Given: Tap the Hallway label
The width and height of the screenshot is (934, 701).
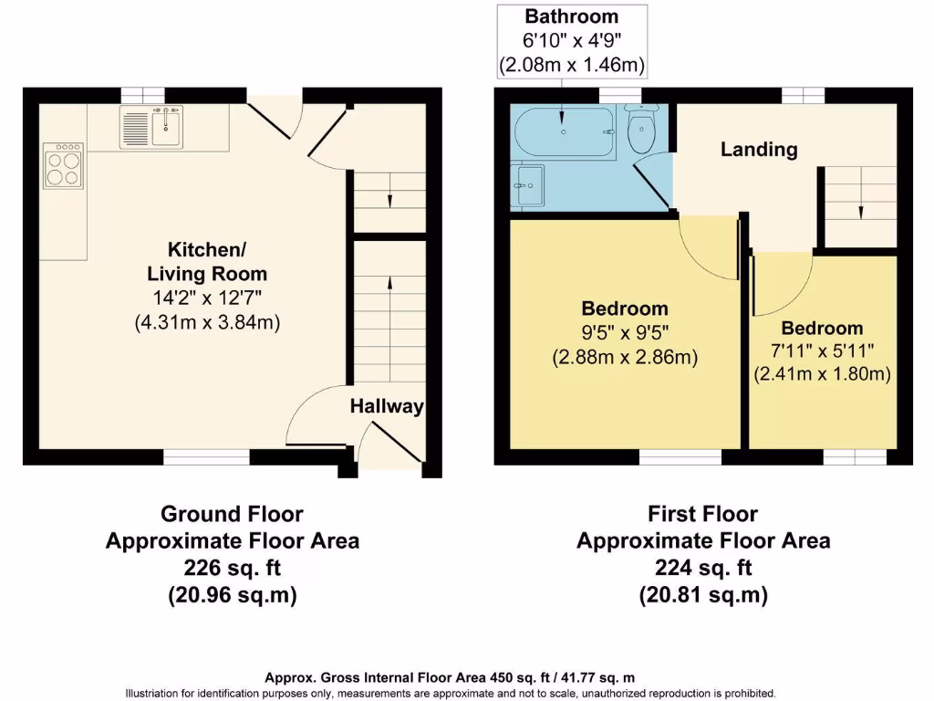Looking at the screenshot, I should coord(387,407).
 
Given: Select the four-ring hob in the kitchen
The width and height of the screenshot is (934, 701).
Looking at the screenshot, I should coord(63,165).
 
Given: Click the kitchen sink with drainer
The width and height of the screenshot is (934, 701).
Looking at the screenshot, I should coord(150,126).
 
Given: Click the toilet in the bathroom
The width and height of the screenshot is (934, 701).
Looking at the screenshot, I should coord(642,131).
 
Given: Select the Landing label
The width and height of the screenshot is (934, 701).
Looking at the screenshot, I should coord(759,150).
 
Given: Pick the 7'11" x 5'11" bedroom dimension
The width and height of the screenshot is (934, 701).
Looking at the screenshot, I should coord(822,351).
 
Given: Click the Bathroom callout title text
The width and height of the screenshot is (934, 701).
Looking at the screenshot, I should coord(572,16).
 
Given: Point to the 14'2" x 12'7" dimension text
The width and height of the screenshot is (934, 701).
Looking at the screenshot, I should coord(216,298).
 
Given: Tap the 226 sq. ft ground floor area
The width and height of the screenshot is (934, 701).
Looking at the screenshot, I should coord(232,568).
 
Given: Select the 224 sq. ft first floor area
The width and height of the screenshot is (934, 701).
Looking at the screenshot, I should coord(702,568).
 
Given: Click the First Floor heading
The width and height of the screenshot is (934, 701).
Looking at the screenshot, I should coord(702,514).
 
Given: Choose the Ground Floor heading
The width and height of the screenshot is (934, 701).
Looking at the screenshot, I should coord(232,514).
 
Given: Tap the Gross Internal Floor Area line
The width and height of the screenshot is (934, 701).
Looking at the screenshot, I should coord(450,677).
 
